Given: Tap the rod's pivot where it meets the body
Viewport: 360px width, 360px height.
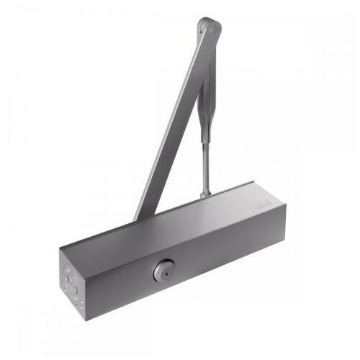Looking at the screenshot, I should point(205,192).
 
